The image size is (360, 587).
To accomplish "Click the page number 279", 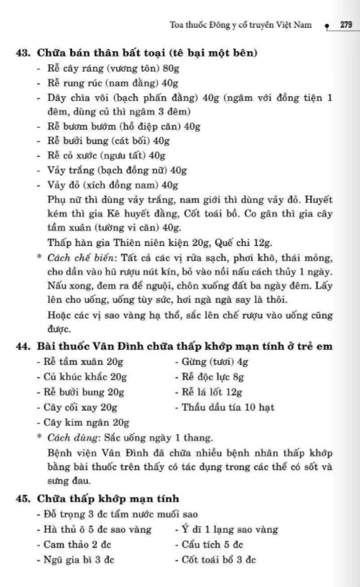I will [346, 24].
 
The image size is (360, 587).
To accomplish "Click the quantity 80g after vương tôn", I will [164, 68].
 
